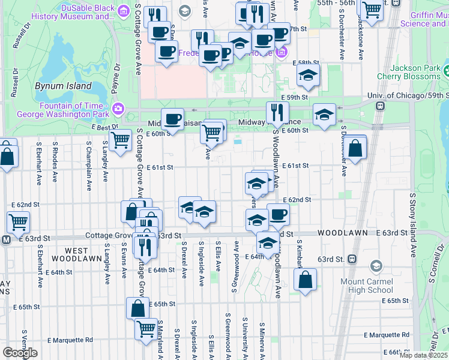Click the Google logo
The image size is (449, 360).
(x=20, y=353)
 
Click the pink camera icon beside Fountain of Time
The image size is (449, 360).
(x=118, y=109)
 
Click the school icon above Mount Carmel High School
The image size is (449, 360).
(x=376, y=266)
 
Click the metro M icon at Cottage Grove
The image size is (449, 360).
(x=6, y=239)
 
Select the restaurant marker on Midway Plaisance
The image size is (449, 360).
(x=277, y=112)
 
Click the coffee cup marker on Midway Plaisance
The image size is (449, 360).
(x=172, y=119)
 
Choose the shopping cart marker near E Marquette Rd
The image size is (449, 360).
(x=146, y=329)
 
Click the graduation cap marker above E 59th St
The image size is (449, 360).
(x=308, y=75)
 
